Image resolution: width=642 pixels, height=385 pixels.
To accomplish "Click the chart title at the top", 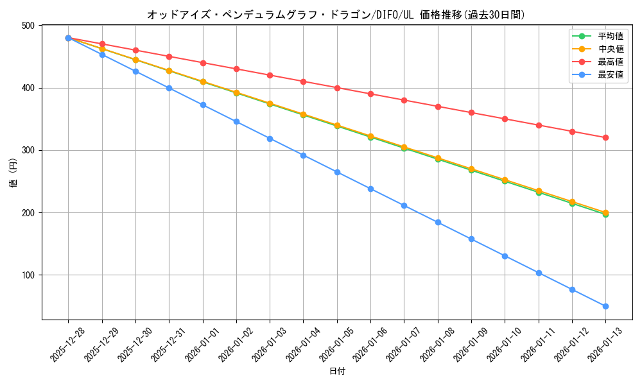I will [x=336, y=14].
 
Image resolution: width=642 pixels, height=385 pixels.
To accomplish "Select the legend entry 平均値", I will [x=610, y=37].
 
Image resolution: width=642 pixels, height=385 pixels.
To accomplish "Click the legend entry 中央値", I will [x=610, y=49].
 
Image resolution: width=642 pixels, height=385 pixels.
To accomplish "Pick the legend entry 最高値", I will [x=610, y=62].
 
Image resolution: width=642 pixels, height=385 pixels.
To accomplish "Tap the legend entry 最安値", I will [x=610, y=74].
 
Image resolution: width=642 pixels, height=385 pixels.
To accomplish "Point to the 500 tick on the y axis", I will [x=29, y=26].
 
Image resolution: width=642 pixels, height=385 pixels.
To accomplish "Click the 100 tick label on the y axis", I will [x=29, y=275].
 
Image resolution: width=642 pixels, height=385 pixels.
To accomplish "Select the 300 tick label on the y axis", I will [x=29, y=150].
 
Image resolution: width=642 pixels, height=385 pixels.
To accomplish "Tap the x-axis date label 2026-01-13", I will [x=605, y=345].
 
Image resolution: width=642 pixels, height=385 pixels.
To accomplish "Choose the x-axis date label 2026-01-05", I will [x=337, y=345].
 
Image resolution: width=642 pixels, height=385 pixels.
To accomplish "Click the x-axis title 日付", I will [x=337, y=372].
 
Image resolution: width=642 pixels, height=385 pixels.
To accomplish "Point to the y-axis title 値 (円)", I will [x=13, y=173].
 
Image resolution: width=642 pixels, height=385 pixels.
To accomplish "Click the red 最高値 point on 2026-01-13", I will [x=605, y=137].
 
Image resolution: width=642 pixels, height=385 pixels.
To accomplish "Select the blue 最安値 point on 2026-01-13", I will [x=605, y=306].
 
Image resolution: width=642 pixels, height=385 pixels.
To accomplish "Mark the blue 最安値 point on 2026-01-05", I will [x=337, y=172].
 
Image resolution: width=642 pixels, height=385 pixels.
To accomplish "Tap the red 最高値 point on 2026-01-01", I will [x=203, y=63].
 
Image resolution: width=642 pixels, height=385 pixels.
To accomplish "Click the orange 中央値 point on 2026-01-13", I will [x=605, y=212].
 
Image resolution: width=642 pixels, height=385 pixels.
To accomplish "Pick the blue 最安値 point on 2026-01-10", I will [x=505, y=256].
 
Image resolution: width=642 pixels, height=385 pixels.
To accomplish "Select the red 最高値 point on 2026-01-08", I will [x=438, y=107].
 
